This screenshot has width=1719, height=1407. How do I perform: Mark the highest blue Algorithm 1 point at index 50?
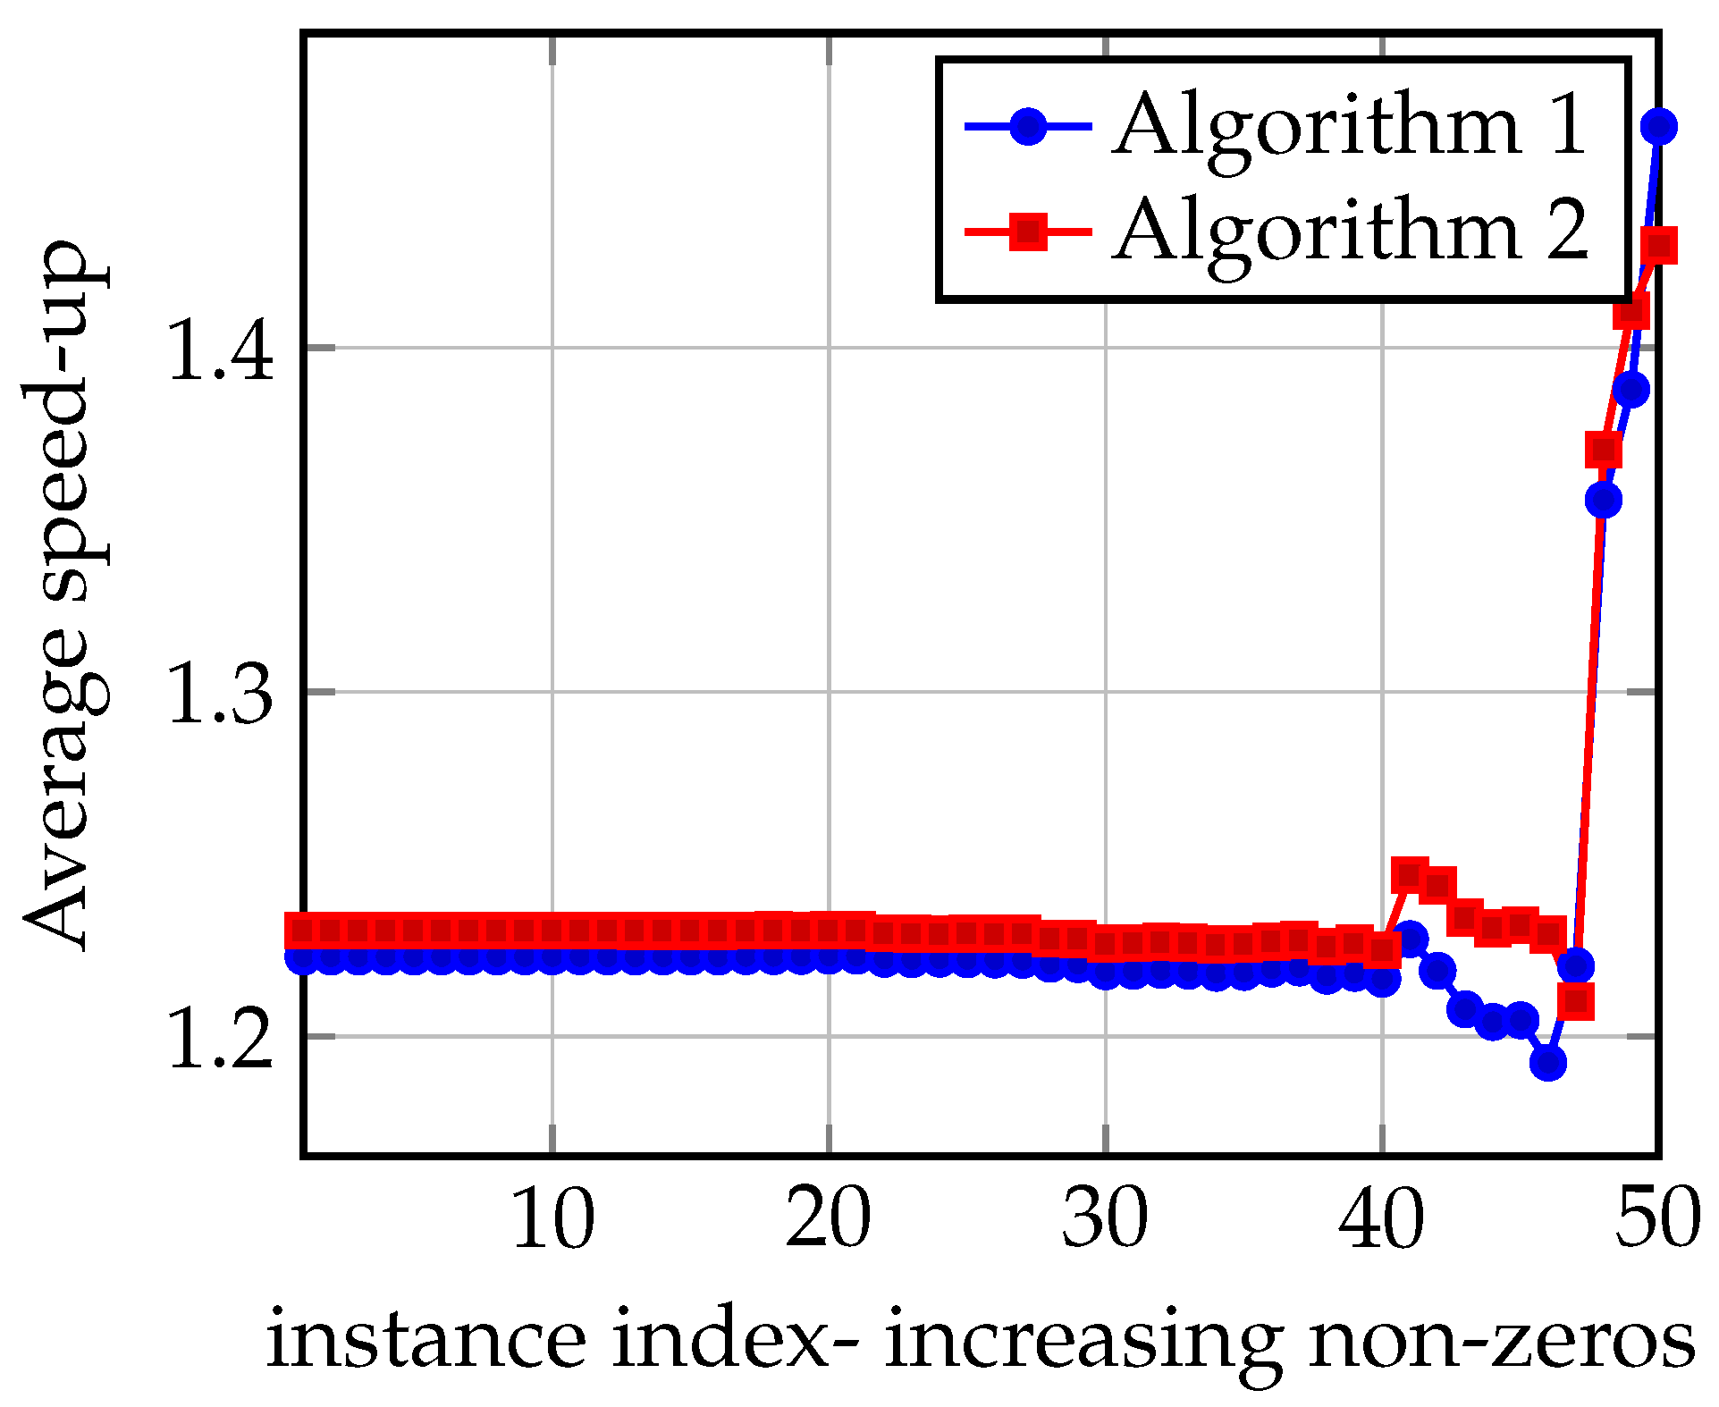click(x=1658, y=127)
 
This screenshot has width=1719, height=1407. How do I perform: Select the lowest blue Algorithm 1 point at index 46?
click(x=1547, y=1063)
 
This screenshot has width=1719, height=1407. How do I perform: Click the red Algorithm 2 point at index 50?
click(x=1659, y=246)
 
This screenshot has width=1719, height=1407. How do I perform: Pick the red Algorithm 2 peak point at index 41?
click(x=1410, y=874)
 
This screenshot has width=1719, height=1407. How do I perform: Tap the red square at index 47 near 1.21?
click(x=1575, y=1001)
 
